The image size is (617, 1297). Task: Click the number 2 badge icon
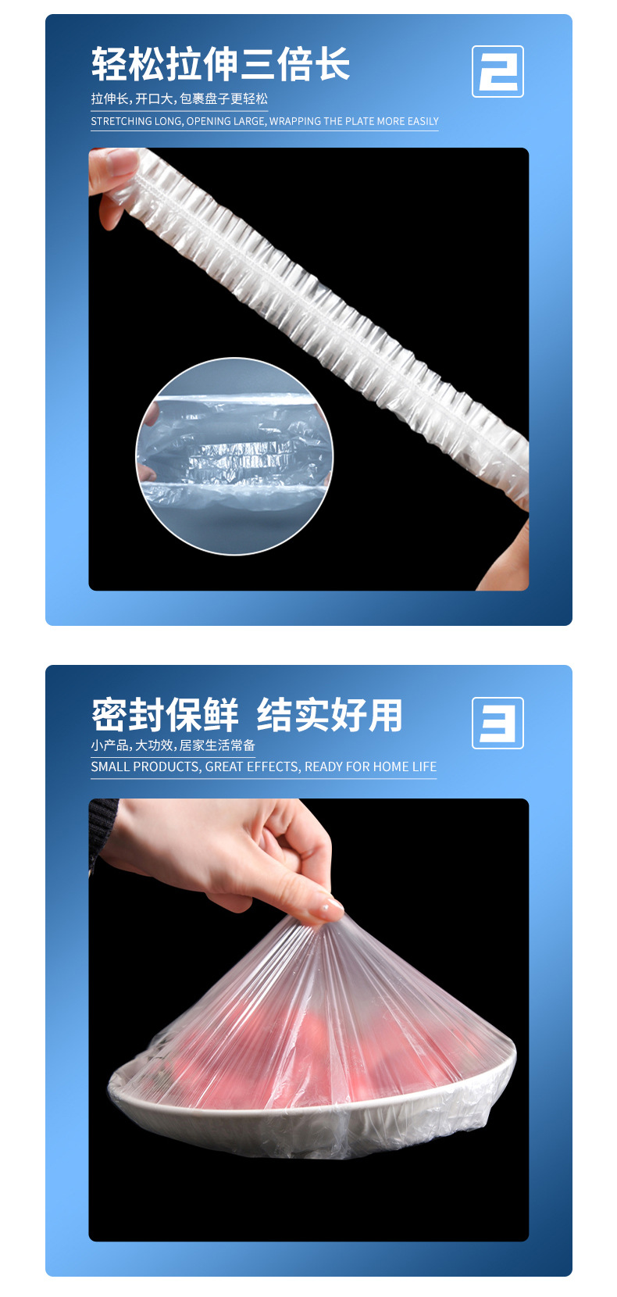(498, 71)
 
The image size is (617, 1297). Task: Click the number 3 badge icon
(498, 724)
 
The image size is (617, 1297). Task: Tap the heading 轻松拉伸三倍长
(220, 64)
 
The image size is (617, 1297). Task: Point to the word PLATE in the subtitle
(359, 121)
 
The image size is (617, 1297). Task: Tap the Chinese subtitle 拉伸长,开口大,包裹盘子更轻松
(180, 99)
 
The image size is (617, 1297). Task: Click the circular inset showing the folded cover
(234, 456)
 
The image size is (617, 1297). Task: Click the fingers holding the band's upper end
(113, 180)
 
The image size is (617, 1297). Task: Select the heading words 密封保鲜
(165, 715)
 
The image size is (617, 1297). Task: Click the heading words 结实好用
(330, 715)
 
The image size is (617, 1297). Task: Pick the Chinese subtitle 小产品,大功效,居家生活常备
(173, 745)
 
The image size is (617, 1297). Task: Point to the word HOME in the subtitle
(392, 766)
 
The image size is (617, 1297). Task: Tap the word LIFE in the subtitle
(424, 766)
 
